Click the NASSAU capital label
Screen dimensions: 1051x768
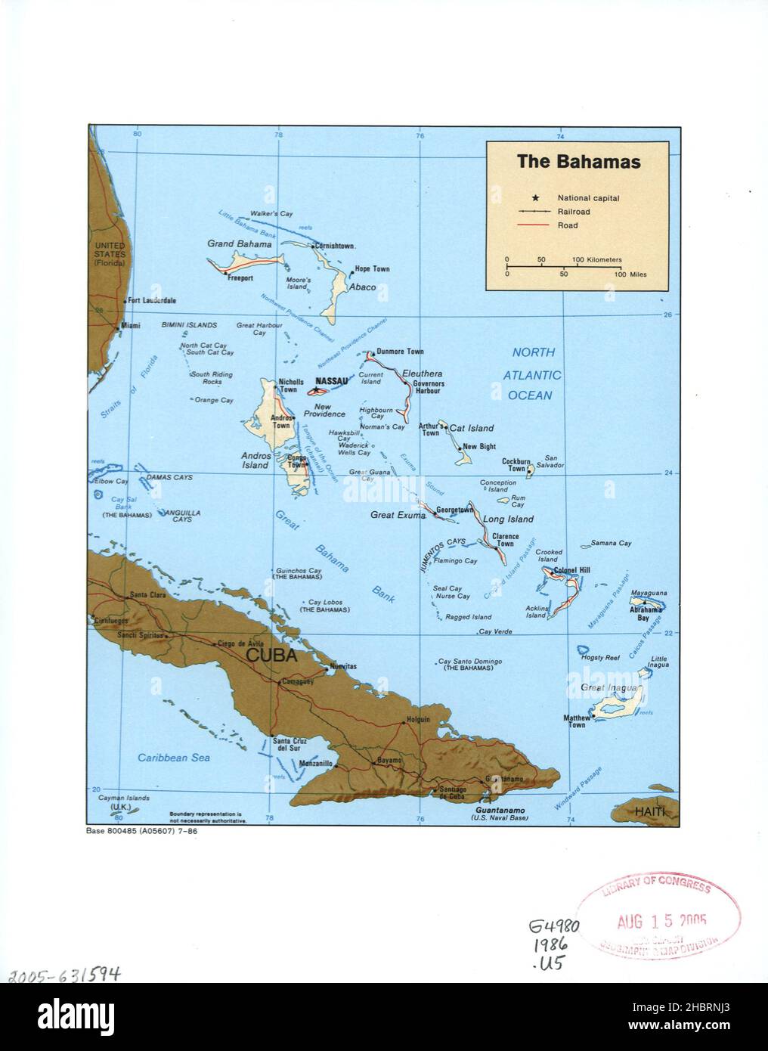pyautogui.click(x=332, y=381)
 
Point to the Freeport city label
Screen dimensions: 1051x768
pyautogui.click(x=240, y=278)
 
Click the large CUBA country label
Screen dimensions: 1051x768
pyautogui.click(x=271, y=656)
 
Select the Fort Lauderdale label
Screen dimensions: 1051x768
pyautogui.click(x=152, y=301)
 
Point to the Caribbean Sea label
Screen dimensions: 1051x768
pyautogui.click(x=174, y=757)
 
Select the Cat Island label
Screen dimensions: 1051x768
pyautogui.click(x=472, y=428)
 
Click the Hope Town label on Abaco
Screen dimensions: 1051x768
pyautogui.click(x=372, y=269)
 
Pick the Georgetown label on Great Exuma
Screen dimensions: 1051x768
pyautogui.click(x=454, y=510)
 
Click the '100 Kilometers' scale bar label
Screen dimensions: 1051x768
pyautogui.click(x=597, y=259)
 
